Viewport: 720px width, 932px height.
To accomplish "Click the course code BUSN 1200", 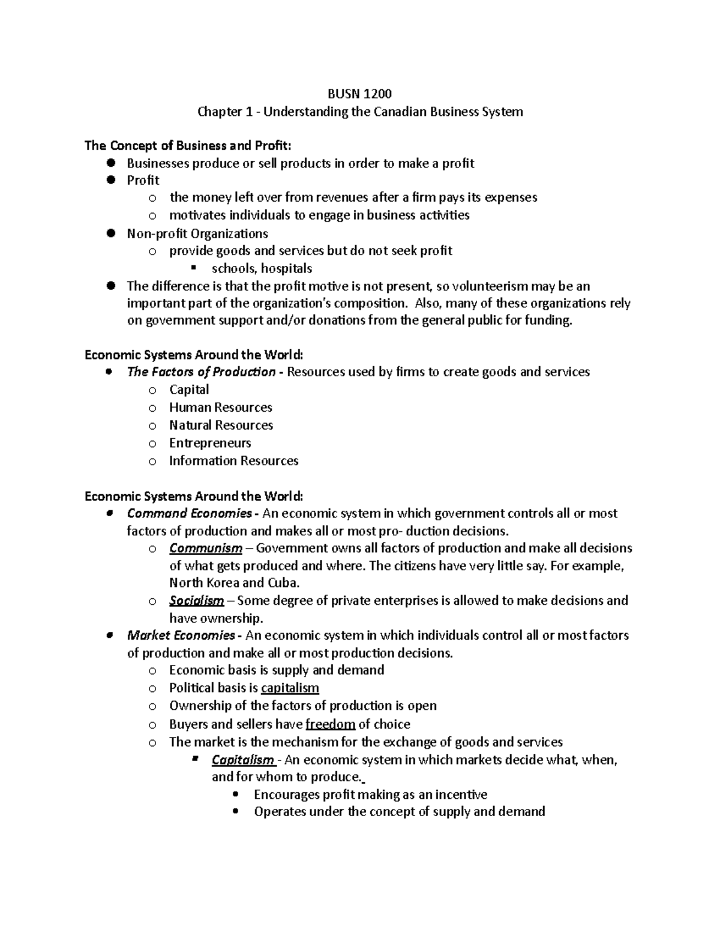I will click(x=359, y=94).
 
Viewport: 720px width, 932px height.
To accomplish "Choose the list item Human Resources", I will click(x=220, y=407).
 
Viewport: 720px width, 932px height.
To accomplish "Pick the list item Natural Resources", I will click(x=221, y=425).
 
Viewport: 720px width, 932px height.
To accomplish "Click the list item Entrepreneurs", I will click(x=210, y=443).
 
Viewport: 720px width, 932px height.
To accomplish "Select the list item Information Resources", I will click(x=233, y=461).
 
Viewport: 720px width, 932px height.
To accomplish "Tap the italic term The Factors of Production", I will click(x=201, y=372).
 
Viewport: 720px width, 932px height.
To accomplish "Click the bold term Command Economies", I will click(x=190, y=513).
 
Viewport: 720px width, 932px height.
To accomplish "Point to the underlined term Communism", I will click(x=206, y=549).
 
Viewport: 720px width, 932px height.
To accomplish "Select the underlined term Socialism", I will click(x=197, y=601).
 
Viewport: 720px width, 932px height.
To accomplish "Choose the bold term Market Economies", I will click(x=181, y=635).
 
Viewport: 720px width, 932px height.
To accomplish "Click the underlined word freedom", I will click(x=331, y=724).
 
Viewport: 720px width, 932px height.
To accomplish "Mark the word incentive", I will click(x=461, y=795).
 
